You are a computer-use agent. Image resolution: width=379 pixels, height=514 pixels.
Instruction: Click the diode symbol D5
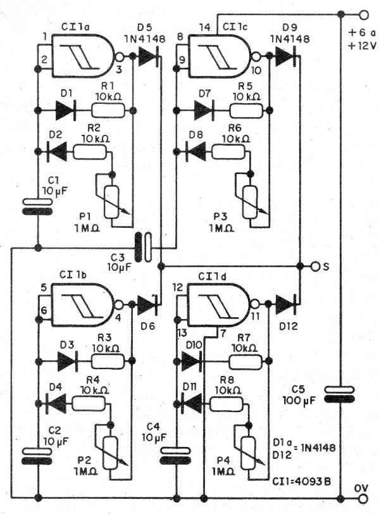tap(147, 56)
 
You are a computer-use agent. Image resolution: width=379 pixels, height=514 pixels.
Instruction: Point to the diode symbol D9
tap(286, 56)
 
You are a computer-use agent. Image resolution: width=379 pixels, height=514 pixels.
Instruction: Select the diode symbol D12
tap(285, 304)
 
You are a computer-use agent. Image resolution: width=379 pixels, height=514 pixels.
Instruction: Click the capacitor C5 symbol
tap(339, 395)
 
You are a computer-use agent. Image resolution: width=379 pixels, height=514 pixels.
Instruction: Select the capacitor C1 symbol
tap(37, 206)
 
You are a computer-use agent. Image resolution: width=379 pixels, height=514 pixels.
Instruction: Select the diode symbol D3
tap(66, 361)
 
